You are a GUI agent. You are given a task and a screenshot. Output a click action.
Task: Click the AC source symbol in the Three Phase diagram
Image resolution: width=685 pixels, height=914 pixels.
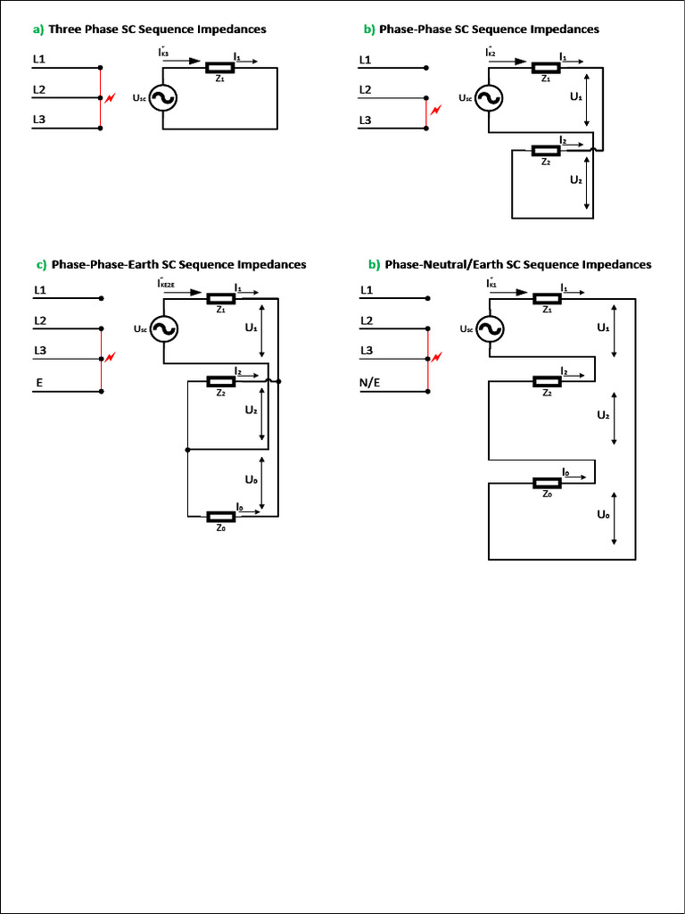point(163,98)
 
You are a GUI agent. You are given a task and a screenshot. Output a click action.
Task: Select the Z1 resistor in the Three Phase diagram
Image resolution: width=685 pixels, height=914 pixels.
point(219,68)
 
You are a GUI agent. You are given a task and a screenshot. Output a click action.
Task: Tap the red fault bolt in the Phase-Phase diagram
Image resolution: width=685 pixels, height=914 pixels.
point(435,111)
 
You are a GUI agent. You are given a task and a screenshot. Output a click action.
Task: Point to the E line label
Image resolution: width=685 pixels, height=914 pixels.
point(39,382)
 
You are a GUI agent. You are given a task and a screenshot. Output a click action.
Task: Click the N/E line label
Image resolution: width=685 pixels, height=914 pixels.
point(369,382)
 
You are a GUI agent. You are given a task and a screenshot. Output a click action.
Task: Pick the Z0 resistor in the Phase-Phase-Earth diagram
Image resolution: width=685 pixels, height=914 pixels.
point(220,516)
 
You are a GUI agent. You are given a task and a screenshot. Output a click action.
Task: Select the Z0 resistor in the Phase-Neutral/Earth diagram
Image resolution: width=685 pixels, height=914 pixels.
point(547,484)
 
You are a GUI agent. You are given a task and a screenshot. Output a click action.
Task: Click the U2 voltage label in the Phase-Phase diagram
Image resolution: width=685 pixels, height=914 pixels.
point(575,179)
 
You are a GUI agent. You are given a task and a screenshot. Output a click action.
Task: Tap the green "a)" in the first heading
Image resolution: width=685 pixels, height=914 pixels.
point(38,29)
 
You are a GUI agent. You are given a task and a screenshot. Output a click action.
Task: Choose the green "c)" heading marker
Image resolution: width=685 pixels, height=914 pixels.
point(41,265)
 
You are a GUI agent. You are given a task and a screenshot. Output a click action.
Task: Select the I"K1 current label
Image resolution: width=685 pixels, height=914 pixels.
point(492,284)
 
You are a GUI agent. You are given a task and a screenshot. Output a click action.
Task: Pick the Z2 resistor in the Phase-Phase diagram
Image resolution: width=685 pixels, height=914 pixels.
point(546,150)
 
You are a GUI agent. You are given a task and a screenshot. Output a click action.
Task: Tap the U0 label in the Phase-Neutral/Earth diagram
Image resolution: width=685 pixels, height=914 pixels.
point(603,515)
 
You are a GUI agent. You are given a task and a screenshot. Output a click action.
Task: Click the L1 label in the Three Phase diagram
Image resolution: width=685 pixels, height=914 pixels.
point(38,59)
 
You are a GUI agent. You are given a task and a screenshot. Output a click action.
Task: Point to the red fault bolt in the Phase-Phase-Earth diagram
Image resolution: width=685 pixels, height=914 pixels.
point(111,358)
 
